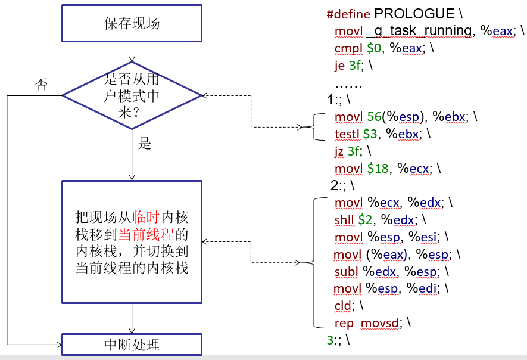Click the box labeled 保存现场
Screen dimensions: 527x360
coord(132,23)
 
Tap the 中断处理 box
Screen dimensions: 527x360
coord(132,344)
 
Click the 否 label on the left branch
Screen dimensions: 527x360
coord(41,84)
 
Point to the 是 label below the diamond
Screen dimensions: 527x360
coord(145,143)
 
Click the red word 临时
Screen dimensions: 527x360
coord(146,218)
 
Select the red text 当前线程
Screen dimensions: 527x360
coord(146,234)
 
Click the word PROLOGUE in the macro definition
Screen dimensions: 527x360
coord(414,14)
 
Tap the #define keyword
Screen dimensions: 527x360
coord(348,14)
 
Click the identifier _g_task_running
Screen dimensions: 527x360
coord(419,31)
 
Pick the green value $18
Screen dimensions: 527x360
coord(378,168)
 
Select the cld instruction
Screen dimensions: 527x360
coord(343,306)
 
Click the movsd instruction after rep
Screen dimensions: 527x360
coord(379,323)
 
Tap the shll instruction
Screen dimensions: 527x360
coord(344,220)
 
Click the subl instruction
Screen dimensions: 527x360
coord(346,272)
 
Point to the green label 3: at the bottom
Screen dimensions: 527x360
coord(330,340)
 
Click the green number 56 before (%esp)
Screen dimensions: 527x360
coord(374,117)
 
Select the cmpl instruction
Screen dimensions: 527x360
coord(348,48)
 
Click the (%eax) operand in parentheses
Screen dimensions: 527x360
coord(386,255)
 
